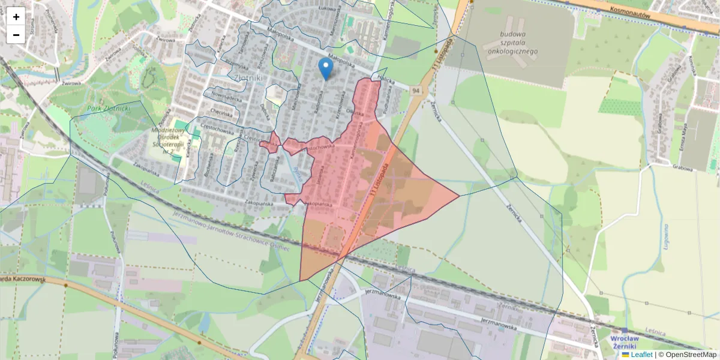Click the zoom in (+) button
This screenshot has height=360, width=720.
point(16,17)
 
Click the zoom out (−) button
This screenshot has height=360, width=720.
point(16,35)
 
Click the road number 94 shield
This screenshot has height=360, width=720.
point(415,90)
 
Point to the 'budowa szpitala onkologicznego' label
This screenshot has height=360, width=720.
point(512,43)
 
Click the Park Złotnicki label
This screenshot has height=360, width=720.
point(109,109)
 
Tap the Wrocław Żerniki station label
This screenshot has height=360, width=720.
point(626,342)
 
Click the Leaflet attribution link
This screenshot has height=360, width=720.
point(641,355)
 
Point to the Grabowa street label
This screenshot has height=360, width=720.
point(683,168)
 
